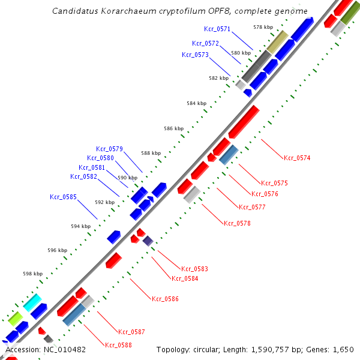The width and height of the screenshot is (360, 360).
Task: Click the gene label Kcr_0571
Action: point(217,28)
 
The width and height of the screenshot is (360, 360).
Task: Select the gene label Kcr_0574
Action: point(297,158)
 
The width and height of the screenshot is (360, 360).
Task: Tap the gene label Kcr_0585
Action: point(63,196)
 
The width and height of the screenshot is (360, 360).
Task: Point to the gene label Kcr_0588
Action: point(118,345)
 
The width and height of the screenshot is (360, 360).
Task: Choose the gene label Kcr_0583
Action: point(195,269)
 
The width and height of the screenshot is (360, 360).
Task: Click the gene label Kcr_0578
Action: point(237,223)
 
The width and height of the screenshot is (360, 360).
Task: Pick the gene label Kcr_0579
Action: point(109,149)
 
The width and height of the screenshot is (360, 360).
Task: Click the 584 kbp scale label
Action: point(196,103)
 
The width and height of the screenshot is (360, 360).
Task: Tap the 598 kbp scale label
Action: point(32,274)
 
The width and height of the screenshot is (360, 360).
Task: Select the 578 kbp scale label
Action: point(262,27)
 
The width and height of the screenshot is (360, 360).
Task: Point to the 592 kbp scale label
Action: point(104,202)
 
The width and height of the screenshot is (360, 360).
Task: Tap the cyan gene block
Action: point(32,302)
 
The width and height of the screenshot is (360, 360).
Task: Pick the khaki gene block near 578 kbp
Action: point(277,42)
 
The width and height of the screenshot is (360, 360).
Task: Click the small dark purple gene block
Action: point(148,241)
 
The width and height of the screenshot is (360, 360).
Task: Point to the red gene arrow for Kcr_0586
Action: point(114,260)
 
